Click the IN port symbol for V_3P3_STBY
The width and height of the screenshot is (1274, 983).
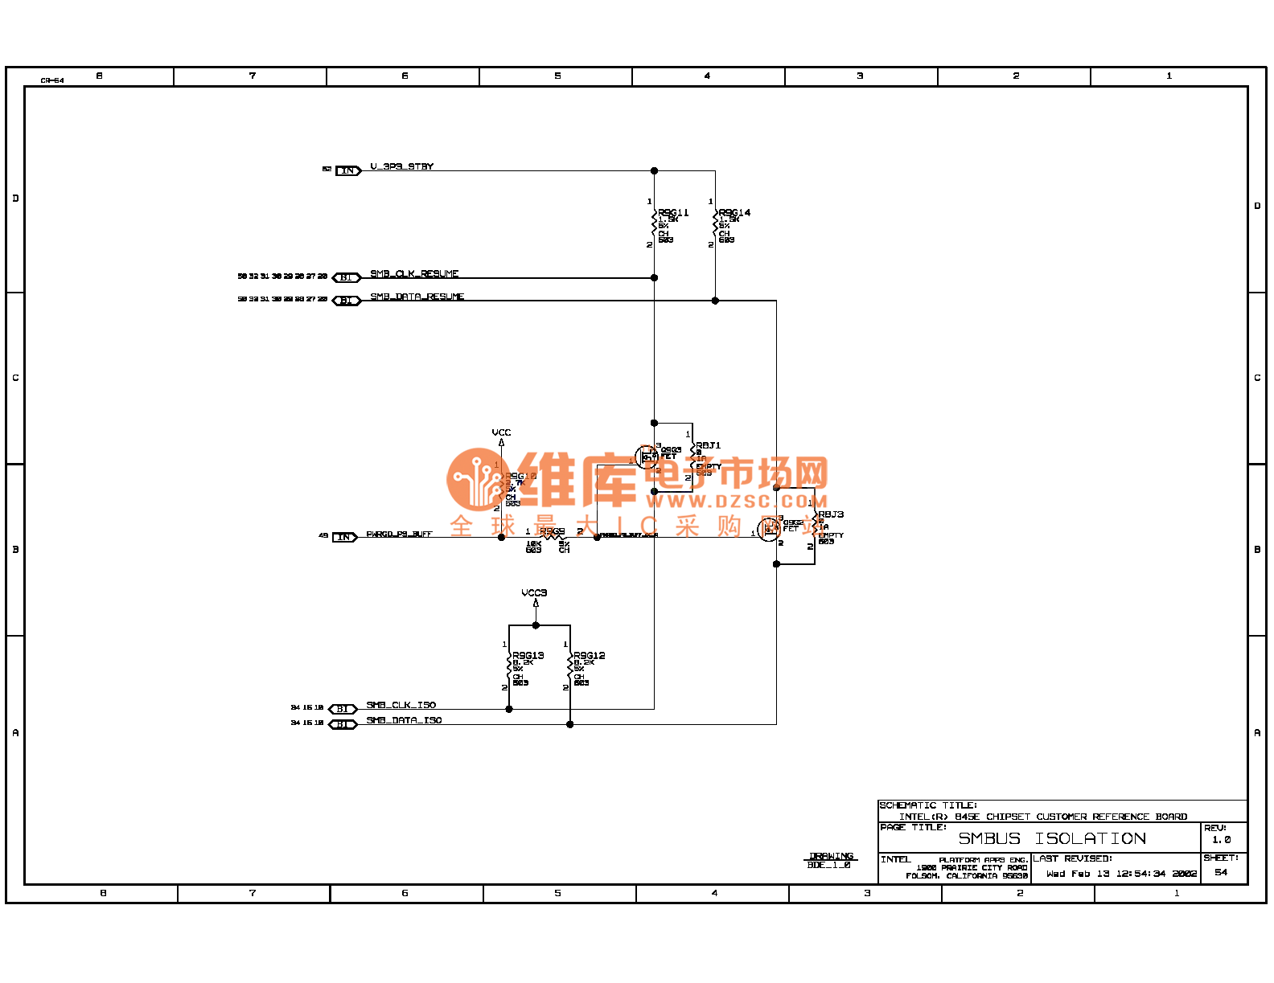click(x=347, y=170)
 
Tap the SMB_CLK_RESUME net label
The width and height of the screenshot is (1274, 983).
click(x=414, y=274)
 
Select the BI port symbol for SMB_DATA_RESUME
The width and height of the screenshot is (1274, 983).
click(x=346, y=301)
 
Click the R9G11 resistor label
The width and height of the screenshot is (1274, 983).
click(x=673, y=213)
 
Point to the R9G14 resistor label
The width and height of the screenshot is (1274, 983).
click(x=734, y=213)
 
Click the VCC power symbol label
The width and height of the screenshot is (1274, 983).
click(x=501, y=432)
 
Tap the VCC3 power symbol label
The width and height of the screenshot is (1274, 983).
click(x=534, y=593)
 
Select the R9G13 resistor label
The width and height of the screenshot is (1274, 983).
click(x=528, y=656)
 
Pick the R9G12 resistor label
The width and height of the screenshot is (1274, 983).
click(x=590, y=656)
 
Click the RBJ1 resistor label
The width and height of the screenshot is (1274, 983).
click(x=709, y=445)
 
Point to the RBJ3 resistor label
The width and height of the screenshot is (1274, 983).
click(x=831, y=514)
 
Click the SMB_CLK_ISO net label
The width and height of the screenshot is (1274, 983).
click(x=401, y=705)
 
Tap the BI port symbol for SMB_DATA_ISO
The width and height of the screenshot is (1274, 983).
click(x=343, y=724)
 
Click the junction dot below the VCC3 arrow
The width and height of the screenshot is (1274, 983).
click(x=536, y=625)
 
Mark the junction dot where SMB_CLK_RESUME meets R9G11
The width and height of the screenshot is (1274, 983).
click(x=654, y=277)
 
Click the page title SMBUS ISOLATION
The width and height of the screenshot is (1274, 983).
click(x=1051, y=839)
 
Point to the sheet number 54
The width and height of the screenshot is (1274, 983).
click(x=1221, y=873)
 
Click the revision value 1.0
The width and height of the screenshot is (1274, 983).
click(x=1221, y=840)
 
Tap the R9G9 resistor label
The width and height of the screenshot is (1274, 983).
click(x=552, y=531)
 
